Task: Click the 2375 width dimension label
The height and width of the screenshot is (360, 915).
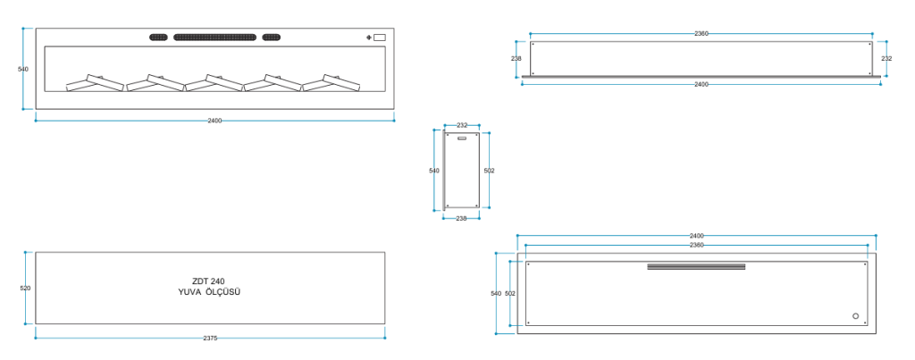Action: click(x=210, y=338)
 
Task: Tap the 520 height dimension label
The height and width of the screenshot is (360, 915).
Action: click(x=25, y=289)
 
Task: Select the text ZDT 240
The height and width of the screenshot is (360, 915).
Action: click(x=208, y=281)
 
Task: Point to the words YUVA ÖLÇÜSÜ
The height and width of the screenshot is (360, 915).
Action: click(x=209, y=292)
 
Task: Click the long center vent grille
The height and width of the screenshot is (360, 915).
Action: click(x=214, y=38)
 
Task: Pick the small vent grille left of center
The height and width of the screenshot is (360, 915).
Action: click(x=159, y=38)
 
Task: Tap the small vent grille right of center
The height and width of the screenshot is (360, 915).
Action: click(x=271, y=38)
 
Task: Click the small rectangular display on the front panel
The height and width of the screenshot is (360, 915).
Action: click(x=379, y=38)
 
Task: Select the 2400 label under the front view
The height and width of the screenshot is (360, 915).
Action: click(x=214, y=121)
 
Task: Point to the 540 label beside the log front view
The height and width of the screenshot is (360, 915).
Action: click(x=22, y=69)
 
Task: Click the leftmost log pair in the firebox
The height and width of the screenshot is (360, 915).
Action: click(x=96, y=83)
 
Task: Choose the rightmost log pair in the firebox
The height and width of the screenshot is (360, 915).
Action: click(x=332, y=83)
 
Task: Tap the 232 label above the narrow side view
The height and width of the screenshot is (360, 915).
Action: click(x=462, y=125)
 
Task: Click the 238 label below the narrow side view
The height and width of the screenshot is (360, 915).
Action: click(x=461, y=219)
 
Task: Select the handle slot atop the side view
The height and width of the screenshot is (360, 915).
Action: click(x=462, y=138)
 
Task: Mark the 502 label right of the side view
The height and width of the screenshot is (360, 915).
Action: click(x=489, y=171)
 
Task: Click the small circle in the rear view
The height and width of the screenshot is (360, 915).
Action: click(x=855, y=315)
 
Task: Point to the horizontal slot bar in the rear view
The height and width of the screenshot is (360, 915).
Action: click(x=696, y=266)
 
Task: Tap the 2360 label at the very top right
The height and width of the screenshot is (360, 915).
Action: click(x=701, y=33)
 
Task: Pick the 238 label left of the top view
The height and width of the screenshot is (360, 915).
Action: click(x=516, y=58)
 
